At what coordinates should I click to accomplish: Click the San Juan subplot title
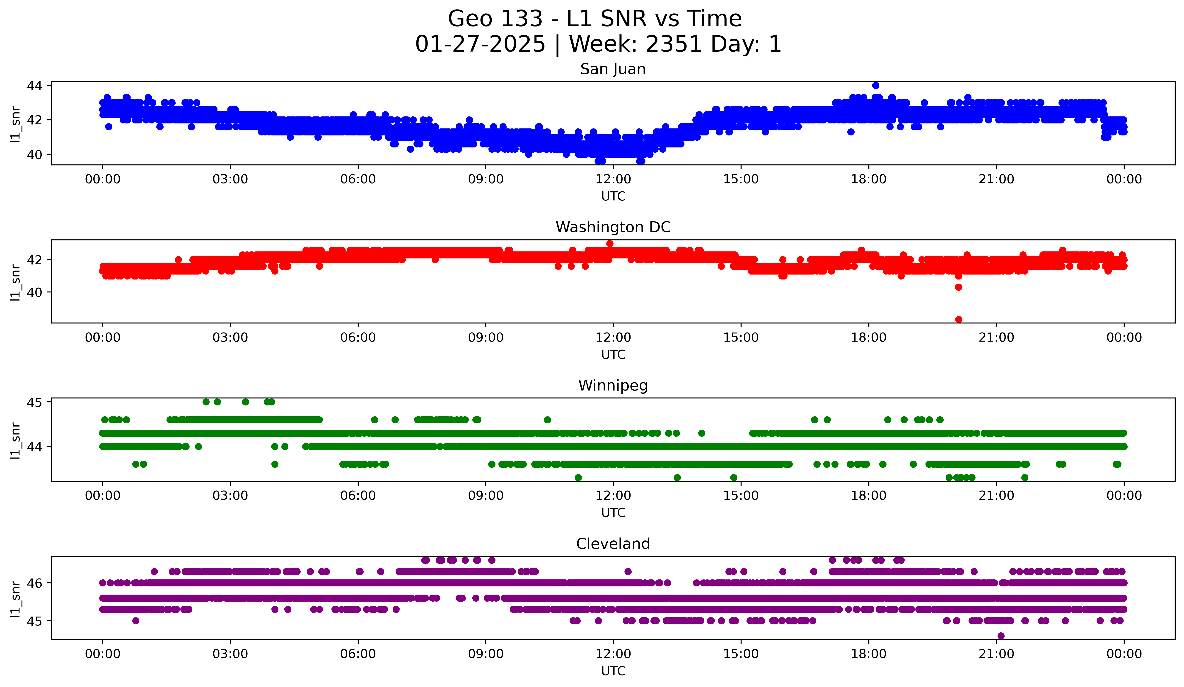[613, 69]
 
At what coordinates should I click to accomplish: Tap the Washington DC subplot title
[613, 227]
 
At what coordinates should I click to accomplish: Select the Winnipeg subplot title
[613, 386]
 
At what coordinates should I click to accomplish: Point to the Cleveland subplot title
[613, 544]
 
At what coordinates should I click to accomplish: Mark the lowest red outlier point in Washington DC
[959, 319]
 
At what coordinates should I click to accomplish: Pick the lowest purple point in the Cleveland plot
[1001, 636]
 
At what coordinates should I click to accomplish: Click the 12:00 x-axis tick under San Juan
[613, 179]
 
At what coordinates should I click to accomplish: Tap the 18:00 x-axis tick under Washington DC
[868, 338]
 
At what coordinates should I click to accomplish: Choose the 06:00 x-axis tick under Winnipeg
[358, 496]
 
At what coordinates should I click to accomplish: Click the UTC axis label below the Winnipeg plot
[613, 513]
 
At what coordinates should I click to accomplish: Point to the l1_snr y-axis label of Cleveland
[15, 598]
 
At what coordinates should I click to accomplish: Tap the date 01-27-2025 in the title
[480, 44]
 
